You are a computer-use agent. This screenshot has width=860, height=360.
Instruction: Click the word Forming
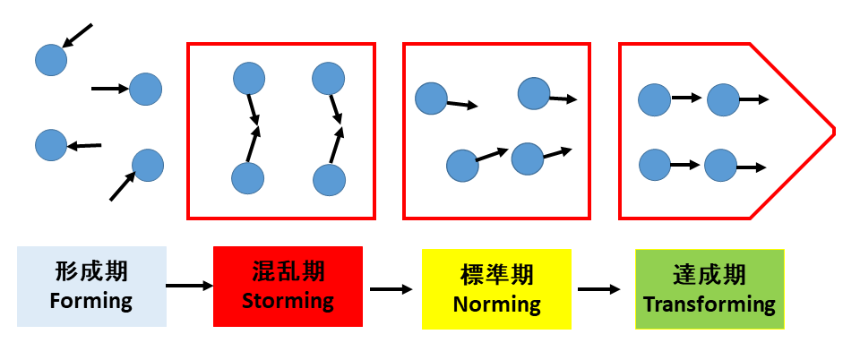(x=91, y=301)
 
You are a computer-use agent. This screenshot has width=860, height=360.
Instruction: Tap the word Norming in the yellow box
(x=496, y=304)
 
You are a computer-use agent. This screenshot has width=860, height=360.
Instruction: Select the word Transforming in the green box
(x=709, y=303)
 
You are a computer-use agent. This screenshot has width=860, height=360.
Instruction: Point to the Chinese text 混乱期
(x=288, y=271)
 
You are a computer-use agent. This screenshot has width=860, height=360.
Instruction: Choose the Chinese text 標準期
(x=496, y=275)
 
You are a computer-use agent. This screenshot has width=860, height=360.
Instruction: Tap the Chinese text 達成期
(x=709, y=274)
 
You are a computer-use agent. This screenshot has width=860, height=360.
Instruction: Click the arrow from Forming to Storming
(x=189, y=286)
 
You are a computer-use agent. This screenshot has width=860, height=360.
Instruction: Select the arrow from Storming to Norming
(x=391, y=289)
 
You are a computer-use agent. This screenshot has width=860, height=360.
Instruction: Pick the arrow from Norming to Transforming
(x=598, y=289)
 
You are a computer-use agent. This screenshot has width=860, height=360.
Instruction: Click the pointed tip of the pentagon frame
(x=833, y=131)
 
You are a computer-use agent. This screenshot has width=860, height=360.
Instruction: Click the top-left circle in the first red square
(x=249, y=79)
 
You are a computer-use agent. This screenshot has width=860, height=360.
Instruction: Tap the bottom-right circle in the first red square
(x=329, y=179)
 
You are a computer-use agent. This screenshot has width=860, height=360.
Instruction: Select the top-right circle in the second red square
(x=534, y=94)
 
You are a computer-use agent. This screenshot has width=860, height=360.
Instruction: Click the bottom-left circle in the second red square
(x=462, y=165)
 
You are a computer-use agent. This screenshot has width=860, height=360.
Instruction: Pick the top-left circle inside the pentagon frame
(x=655, y=100)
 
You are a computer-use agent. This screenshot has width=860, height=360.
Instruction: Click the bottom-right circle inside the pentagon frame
(x=721, y=166)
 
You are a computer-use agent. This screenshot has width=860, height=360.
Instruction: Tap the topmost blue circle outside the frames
(x=51, y=60)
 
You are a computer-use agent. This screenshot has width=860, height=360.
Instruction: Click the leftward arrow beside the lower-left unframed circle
(x=85, y=145)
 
